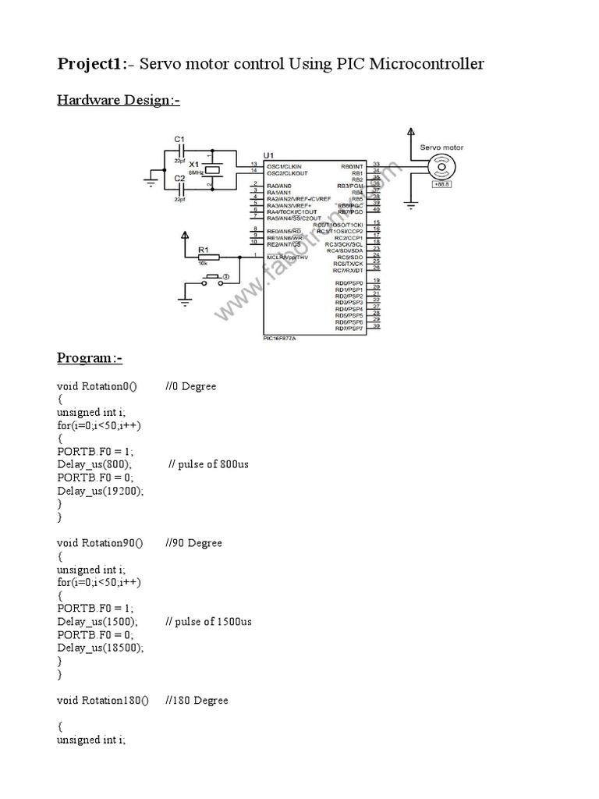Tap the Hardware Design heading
pos(119,101)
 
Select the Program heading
pos(90,358)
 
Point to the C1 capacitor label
pos(179,140)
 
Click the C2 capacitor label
pos(179,178)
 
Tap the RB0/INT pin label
pos(352,166)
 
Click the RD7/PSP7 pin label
pos(349,328)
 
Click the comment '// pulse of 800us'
pos(208,464)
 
